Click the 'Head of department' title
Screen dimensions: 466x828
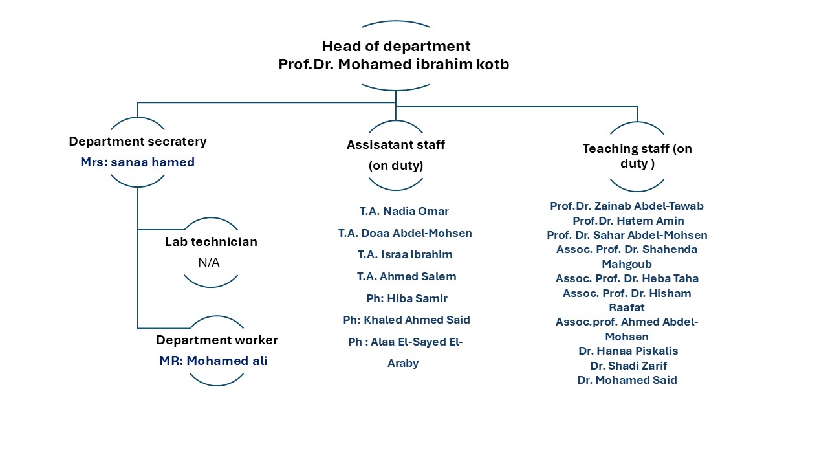pyautogui.click(x=396, y=47)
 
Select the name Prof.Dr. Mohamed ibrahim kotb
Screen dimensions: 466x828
pyautogui.click(x=393, y=65)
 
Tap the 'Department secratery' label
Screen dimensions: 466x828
pyautogui.click(x=138, y=142)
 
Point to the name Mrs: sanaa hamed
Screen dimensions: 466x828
pyautogui.click(x=138, y=162)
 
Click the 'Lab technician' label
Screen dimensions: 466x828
pyautogui.click(x=211, y=242)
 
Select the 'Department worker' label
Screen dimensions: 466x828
pyautogui.click(x=217, y=340)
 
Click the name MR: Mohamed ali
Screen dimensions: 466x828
pyautogui.click(x=213, y=361)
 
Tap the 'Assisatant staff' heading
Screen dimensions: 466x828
pyautogui.click(x=396, y=145)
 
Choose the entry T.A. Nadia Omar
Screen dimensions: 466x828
pyautogui.click(x=404, y=211)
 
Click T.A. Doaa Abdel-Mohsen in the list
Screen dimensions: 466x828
pyautogui.click(x=405, y=233)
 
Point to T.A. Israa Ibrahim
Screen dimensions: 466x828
pyautogui.click(x=405, y=254)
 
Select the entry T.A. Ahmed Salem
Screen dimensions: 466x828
pyautogui.click(x=406, y=276)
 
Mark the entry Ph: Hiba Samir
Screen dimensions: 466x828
pyautogui.click(x=406, y=298)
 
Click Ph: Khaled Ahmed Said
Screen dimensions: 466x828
pyautogui.click(x=406, y=320)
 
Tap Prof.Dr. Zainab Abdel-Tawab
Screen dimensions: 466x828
pyautogui.click(x=627, y=206)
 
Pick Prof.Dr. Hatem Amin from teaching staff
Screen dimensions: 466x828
pyautogui.click(x=628, y=221)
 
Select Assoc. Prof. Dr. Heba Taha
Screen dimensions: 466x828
pyautogui.click(x=627, y=279)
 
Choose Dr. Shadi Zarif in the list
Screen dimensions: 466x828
pyautogui.click(x=628, y=366)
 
